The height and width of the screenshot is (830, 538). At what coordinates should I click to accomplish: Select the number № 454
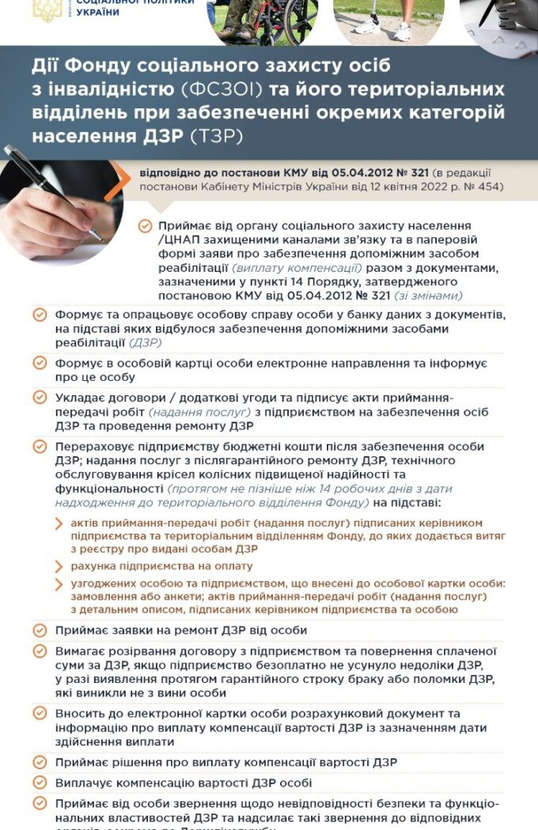[482, 187]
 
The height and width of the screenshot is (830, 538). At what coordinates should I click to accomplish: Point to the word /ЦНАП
[178, 240]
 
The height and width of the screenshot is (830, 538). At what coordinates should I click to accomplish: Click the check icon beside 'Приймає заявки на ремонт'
[40, 630]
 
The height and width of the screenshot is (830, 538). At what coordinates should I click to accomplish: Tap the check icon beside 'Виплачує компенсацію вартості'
[40, 783]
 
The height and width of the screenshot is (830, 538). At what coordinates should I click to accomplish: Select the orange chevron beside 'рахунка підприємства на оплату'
[60, 566]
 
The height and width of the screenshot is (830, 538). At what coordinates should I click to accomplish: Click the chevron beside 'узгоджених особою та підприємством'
[60, 584]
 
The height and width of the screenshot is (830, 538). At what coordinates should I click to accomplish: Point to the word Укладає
[78, 398]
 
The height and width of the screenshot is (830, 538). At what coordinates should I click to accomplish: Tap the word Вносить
[79, 713]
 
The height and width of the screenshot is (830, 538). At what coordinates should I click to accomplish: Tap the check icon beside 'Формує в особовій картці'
[40, 363]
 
